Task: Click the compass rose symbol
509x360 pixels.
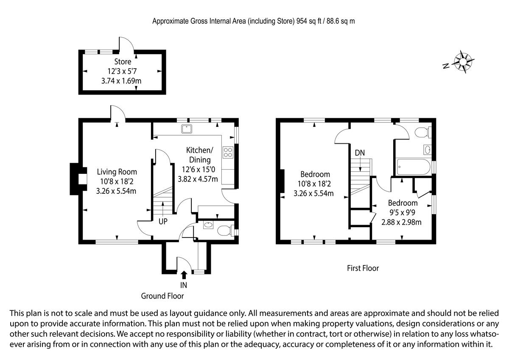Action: (463, 61)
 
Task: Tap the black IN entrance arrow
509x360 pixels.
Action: (184, 275)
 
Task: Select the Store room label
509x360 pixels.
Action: (123, 62)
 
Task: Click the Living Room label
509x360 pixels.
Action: (117, 172)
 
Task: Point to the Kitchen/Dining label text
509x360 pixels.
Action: (199, 155)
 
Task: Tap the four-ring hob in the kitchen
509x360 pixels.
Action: (228, 152)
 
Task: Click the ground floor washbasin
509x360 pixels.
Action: (209, 224)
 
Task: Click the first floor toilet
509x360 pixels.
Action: (422, 132)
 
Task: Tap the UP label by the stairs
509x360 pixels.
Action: (163, 221)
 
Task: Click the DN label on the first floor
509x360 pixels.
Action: (360, 153)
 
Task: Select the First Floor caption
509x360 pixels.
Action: (362, 268)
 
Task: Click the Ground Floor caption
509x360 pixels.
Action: (162, 296)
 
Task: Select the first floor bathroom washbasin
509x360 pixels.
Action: (427, 149)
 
